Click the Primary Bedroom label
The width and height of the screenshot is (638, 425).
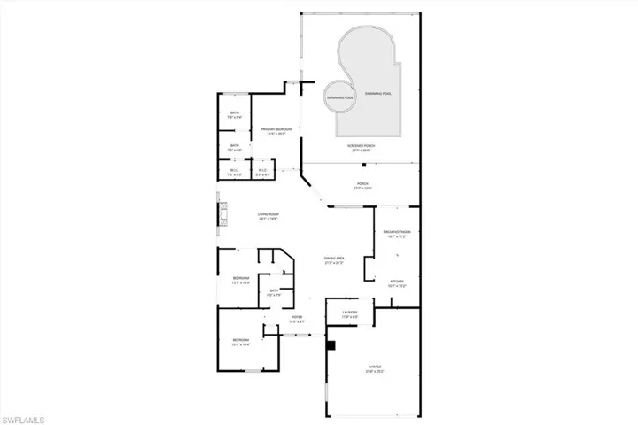pyautogui.click(x=277, y=131)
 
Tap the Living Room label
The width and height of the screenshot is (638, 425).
pyautogui.click(x=268, y=215)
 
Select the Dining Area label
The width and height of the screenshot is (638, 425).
pyautogui.click(x=334, y=259)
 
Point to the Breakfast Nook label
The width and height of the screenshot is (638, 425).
pyautogui.click(x=397, y=234)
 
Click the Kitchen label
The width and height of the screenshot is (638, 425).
pyautogui.click(x=395, y=283)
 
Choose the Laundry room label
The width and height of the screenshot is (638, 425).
pyautogui.click(x=348, y=313)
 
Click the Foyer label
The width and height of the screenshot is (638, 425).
pyautogui.click(x=297, y=319)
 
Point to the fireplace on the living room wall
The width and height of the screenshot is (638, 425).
pyautogui.click(x=222, y=215)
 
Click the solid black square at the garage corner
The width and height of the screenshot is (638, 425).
pyautogui.click(x=331, y=345)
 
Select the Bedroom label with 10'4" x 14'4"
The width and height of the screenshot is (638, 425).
pyautogui.click(x=241, y=342)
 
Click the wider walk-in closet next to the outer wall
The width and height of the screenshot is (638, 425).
pyautogui.click(x=235, y=173)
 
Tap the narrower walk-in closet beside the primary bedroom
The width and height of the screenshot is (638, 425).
pyautogui.click(x=262, y=173)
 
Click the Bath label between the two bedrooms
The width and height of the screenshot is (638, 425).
pyautogui.click(x=275, y=293)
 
